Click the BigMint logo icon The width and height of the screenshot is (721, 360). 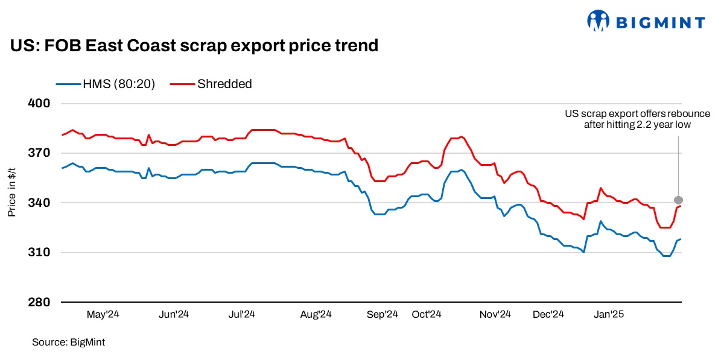pos(598,21)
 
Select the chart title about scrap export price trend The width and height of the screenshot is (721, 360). pos(194,45)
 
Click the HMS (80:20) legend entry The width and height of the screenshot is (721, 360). pos(106,84)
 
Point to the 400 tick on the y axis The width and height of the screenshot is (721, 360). pos(39,104)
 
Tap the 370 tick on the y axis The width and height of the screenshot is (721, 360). pos(39,153)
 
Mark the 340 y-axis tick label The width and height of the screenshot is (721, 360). pos(39,203)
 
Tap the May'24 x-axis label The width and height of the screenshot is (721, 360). pos(104,314)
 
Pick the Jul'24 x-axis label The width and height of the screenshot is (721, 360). pos(241,314)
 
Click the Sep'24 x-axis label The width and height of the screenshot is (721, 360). pos(383,314)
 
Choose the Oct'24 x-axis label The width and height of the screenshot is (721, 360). pos(427,314)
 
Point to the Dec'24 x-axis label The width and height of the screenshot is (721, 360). pos(548,314)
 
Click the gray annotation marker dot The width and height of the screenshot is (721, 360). pos(679,200)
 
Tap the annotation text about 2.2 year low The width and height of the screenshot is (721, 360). pos(637,119)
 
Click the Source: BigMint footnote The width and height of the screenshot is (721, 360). pos(68,343)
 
